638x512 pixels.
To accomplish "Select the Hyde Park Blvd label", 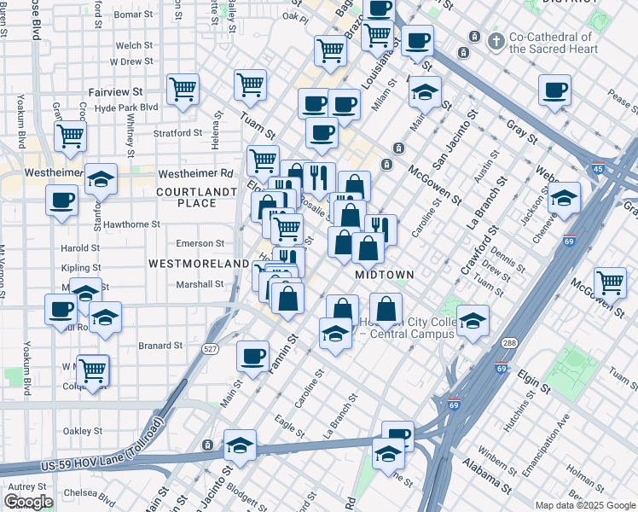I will [x=126, y=108].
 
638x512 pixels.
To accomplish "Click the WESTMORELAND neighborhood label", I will [x=199, y=265].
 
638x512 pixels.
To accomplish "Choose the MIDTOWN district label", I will [x=384, y=275].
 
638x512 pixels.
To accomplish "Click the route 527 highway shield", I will [x=210, y=348].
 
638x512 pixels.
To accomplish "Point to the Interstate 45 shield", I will [x=598, y=169].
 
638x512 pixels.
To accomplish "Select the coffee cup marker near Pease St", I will [x=554, y=90].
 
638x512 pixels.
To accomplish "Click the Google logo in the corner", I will [x=27, y=502].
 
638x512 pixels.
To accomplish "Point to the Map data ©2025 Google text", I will [x=584, y=505].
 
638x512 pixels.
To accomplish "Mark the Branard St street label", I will [x=161, y=346].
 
